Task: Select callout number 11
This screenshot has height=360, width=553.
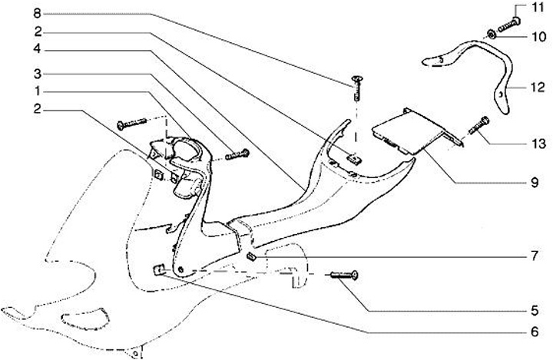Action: pos(538,8)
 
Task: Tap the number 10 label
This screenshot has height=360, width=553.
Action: pos(538,36)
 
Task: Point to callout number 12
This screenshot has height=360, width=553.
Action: pos(538,86)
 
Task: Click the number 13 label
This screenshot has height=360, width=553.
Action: pos(538,143)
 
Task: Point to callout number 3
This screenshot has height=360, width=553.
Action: pos(37,73)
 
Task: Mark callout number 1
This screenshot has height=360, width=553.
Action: pos(37,91)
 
